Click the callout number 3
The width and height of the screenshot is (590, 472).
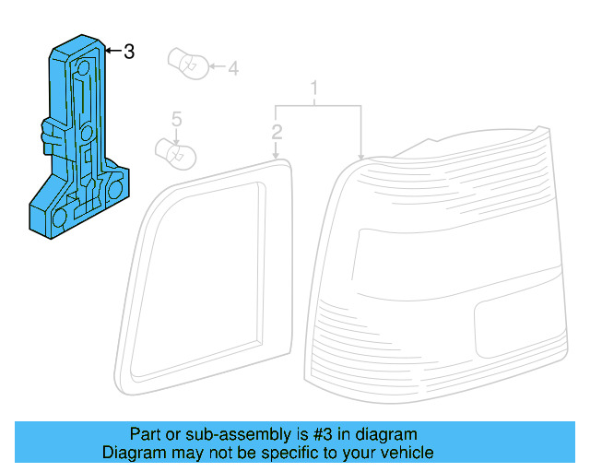click(129, 52)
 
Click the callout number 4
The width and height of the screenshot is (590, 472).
click(233, 68)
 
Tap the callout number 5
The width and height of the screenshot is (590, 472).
click(176, 119)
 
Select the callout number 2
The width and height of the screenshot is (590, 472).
click(277, 132)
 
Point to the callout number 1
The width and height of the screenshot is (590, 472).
click(314, 88)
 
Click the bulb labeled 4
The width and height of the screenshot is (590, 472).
click(188, 64)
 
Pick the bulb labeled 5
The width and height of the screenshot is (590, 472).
click(176, 154)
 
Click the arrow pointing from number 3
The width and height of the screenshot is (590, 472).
click(113, 51)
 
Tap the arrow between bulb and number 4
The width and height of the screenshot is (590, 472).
click(218, 66)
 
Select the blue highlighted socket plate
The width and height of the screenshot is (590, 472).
click(79, 136)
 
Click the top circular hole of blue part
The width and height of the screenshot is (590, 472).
click(83, 67)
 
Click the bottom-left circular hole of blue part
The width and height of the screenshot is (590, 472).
click(59, 218)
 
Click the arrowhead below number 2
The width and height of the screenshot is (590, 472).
click(276, 156)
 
